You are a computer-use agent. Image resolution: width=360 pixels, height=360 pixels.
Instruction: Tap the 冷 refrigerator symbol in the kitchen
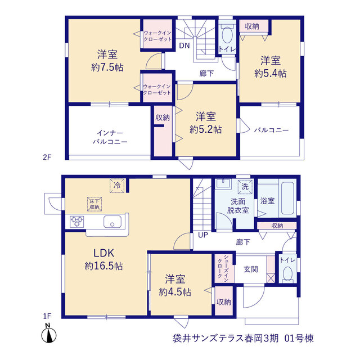pos(117,186)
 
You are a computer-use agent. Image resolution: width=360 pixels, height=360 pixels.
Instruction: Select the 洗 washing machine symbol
pos(245,187)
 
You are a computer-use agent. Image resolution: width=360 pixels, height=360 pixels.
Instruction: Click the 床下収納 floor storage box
pos(94,204)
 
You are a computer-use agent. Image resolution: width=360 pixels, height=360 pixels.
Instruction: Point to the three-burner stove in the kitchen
pos(77,222)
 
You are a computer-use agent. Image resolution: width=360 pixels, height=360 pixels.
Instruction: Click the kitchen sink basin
pos(112,222)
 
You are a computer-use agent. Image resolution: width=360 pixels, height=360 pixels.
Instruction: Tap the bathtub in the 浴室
pos(287,199)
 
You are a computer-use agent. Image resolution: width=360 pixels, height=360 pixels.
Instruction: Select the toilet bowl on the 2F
pos(227,35)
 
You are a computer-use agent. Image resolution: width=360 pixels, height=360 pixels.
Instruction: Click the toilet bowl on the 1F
pos(287,274)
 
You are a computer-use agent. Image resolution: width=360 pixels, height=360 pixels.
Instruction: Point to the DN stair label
pos(184,46)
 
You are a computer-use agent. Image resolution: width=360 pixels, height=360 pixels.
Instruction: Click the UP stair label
pos(203,235)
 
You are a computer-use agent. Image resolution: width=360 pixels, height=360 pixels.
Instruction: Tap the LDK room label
pos(103,253)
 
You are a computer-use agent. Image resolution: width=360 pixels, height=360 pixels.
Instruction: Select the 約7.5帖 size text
pos(107,67)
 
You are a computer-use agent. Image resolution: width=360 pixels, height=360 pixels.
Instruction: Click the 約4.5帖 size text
pos(175,292)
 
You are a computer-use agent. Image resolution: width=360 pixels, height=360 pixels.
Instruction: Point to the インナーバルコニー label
pos(110,137)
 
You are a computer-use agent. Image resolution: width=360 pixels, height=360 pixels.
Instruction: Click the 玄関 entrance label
pos(251,269)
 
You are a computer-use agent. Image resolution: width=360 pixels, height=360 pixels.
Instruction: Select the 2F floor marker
pos(47,157)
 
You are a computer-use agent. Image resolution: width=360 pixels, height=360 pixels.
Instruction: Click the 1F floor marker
pos(47,316)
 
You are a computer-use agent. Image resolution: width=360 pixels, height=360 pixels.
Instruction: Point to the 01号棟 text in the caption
pos(299,338)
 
